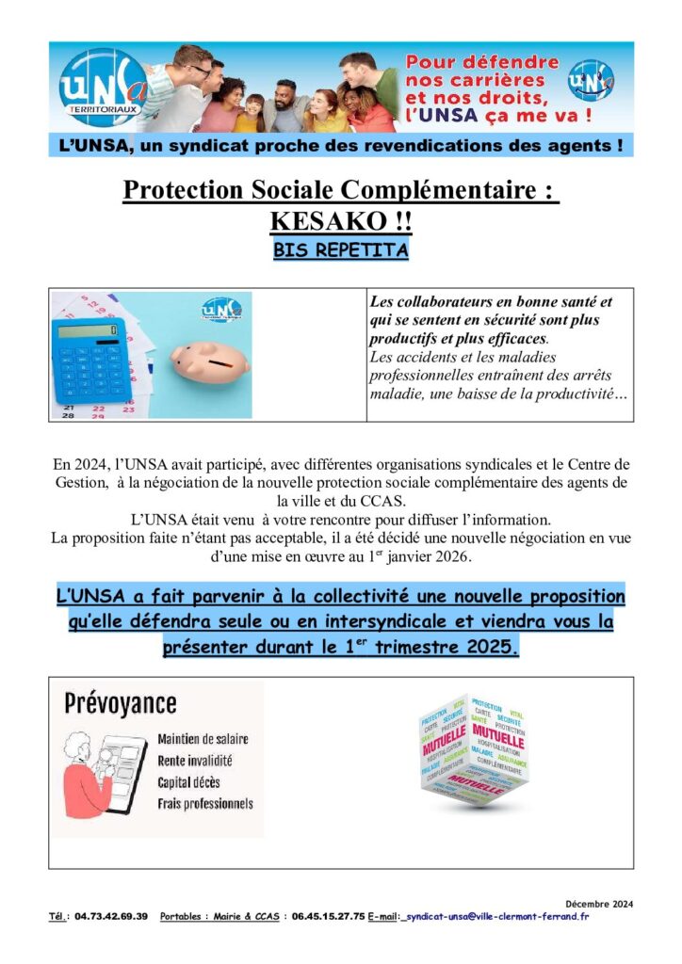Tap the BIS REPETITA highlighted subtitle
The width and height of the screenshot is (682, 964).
coord(340,251)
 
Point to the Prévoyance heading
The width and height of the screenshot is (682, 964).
coord(120,703)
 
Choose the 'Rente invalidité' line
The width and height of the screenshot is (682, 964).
coord(195,761)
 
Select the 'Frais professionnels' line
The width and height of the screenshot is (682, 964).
coord(205,804)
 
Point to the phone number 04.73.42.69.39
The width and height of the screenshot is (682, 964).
coord(111,917)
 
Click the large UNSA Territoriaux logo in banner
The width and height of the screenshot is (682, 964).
coord(102,88)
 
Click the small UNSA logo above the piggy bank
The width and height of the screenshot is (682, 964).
coord(220,309)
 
